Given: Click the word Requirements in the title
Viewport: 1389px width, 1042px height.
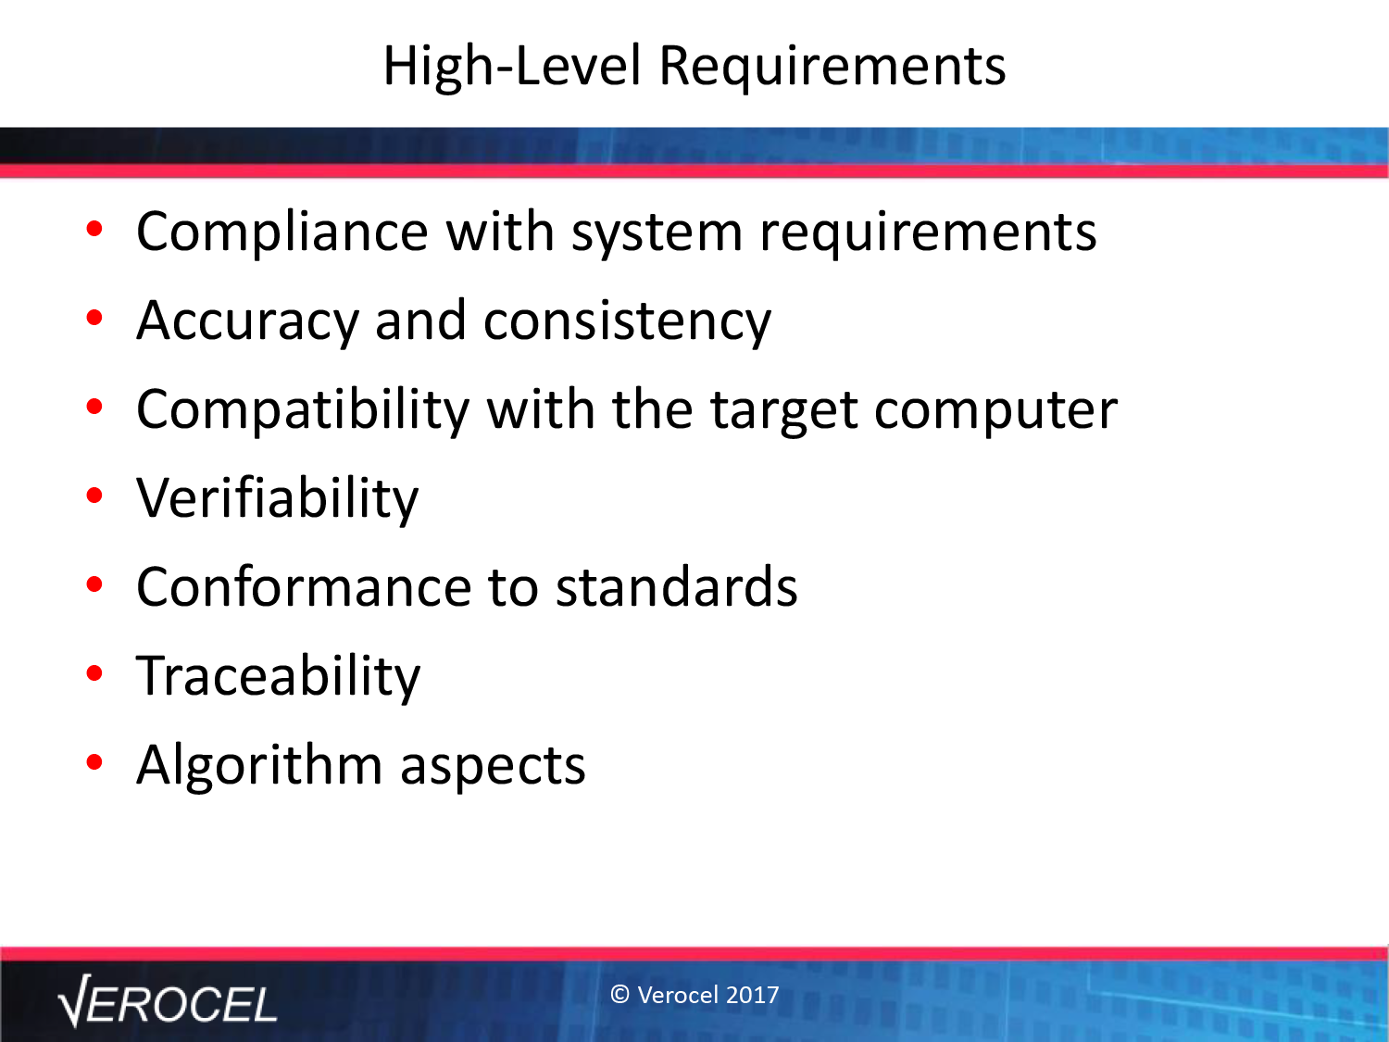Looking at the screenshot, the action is point(832,67).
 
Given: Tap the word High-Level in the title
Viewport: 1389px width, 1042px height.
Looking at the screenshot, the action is point(513,67).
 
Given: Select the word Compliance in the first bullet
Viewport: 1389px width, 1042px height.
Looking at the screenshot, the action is point(282,232).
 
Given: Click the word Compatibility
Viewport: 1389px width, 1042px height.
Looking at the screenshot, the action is point(303,411).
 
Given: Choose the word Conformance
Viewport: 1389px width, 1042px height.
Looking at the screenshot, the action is point(304,588).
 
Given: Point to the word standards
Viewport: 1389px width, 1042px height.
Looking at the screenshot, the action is point(677,586).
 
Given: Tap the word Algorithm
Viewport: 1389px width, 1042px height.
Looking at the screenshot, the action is point(259,766).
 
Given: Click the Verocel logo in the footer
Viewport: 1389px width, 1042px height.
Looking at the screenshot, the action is point(167,1001).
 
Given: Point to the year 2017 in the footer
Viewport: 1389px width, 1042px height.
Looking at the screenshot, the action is point(752,995).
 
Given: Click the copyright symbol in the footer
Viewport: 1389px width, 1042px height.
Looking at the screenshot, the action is point(619,995).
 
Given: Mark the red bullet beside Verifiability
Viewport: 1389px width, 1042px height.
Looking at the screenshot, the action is point(94,496).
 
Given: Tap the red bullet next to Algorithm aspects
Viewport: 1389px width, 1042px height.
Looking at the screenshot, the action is point(94,762).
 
